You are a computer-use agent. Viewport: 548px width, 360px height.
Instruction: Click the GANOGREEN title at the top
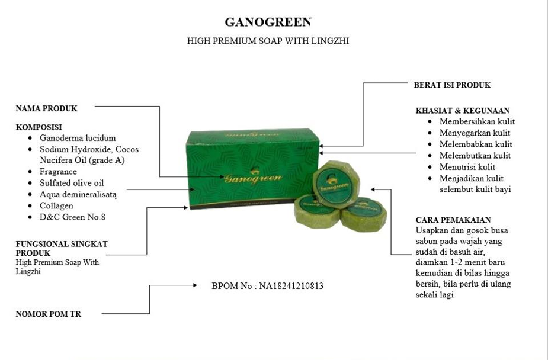pyautogui.click(x=268, y=22)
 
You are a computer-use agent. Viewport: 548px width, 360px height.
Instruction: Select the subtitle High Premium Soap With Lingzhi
pyautogui.click(x=272, y=41)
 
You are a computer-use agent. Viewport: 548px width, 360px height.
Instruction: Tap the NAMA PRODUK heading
pyautogui.click(x=46, y=108)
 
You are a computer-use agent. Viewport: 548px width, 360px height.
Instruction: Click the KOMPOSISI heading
pyautogui.click(x=39, y=127)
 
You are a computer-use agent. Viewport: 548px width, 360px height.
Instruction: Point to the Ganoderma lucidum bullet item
pyautogui.click(x=78, y=138)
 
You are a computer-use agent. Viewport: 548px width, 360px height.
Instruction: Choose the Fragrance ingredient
pyautogui.click(x=58, y=172)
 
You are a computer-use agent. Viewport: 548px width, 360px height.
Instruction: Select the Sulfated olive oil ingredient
pyautogui.click(x=72, y=183)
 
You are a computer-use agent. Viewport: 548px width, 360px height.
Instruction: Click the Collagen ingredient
pyautogui.click(x=56, y=205)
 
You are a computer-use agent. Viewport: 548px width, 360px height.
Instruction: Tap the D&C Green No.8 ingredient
pyautogui.click(x=72, y=217)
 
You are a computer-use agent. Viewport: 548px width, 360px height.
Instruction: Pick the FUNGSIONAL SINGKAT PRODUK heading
pyautogui.click(x=61, y=248)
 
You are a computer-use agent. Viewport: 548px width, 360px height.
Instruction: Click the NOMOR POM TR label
pyautogui.click(x=48, y=314)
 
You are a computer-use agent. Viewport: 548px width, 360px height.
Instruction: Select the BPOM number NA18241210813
pyautogui.click(x=267, y=286)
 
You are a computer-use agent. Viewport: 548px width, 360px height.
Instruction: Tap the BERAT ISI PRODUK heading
pyautogui.click(x=452, y=85)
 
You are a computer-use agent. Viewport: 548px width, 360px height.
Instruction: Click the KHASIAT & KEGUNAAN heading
pyautogui.click(x=463, y=111)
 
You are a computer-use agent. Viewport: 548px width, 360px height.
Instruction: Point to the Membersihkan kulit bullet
pyautogui.click(x=477, y=121)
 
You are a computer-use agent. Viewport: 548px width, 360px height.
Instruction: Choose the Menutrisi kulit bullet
pyautogui.click(x=467, y=167)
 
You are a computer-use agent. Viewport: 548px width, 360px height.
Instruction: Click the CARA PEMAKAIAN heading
pyautogui.click(x=453, y=220)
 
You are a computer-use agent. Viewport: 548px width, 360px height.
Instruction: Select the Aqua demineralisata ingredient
pyautogui.click(x=78, y=194)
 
